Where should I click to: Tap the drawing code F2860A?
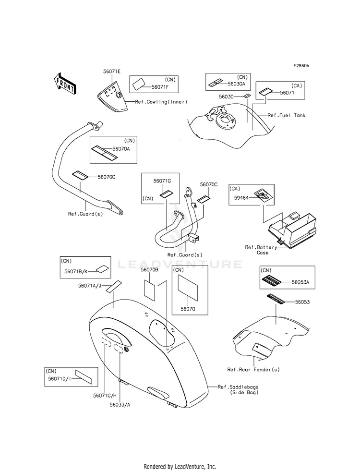tap(301, 65)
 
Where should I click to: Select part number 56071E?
tap(112, 72)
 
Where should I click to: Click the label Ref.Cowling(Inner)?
tap(161, 102)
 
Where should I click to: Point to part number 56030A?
tap(236, 84)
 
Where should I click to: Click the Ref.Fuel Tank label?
tap(287, 115)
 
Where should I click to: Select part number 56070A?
tap(121, 149)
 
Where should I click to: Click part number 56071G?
tap(162, 181)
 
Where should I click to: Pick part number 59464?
tap(241, 198)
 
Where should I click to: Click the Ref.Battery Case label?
tap(261, 250)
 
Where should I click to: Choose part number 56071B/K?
tap(76, 271)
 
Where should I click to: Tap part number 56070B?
tap(150, 270)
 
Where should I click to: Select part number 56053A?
tap(300, 282)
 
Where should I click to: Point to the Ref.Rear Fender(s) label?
tap(253, 370)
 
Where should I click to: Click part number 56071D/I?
tap(60, 379)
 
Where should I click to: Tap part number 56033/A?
tap(120, 405)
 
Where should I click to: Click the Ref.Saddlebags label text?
tap(238, 387)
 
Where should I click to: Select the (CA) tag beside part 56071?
tap(297, 86)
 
